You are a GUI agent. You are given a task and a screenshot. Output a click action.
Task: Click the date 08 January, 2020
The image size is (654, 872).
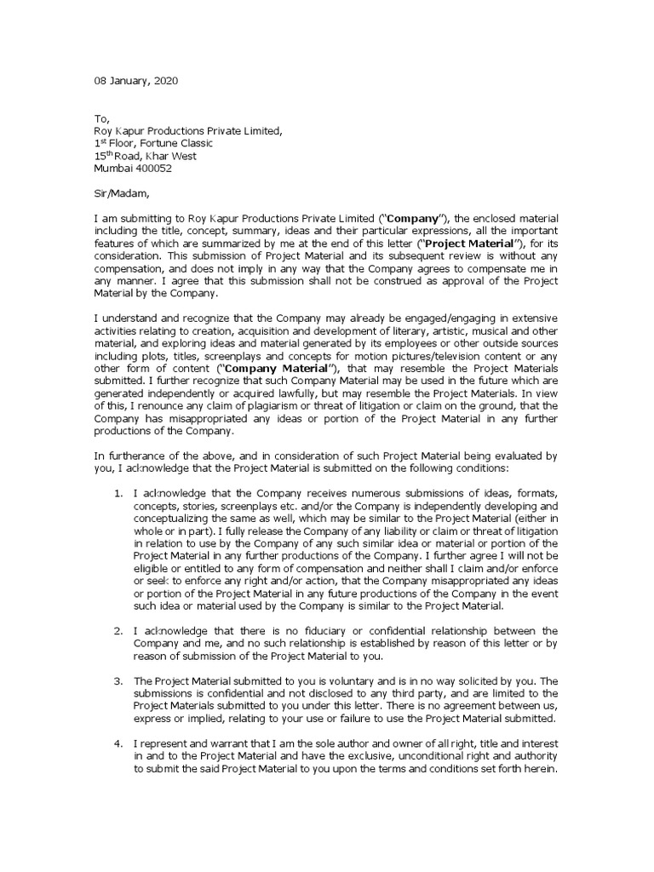click(x=136, y=81)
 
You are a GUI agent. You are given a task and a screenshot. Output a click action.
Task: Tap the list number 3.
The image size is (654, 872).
click(x=119, y=681)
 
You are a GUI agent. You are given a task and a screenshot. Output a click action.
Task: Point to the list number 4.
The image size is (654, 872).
click(x=119, y=743)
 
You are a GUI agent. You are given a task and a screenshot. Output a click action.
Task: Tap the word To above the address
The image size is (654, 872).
click(x=100, y=119)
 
